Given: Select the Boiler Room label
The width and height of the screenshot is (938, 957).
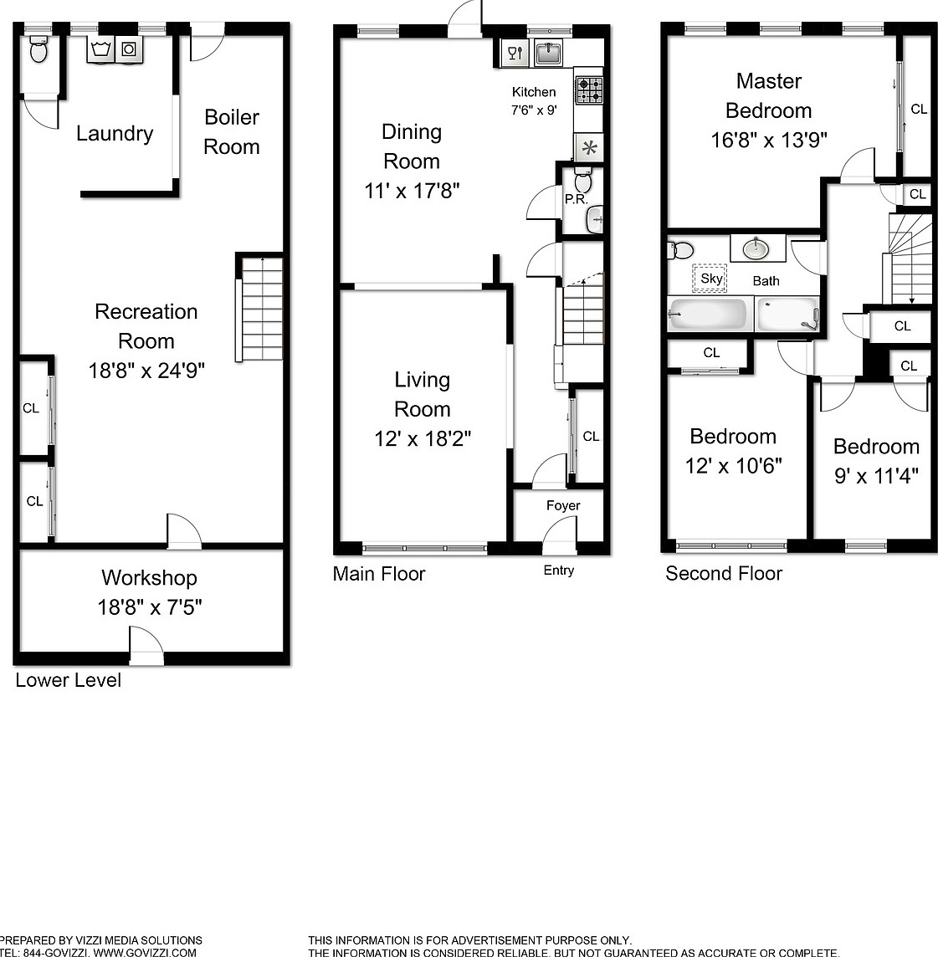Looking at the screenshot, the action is [x=232, y=132].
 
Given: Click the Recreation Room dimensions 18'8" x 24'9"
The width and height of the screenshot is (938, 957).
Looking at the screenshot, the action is [x=146, y=370].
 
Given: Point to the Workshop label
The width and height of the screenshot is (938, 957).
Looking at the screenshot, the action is [x=150, y=577].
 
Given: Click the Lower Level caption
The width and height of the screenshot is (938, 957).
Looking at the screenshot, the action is [x=69, y=680].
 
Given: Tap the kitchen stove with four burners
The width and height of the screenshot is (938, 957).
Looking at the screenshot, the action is [x=589, y=90].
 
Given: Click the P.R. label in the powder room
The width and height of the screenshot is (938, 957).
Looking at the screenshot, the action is [x=576, y=199].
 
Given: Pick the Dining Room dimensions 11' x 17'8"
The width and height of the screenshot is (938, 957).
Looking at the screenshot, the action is [x=412, y=191].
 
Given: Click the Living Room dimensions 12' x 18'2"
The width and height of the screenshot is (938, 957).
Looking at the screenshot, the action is [x=423, y=438].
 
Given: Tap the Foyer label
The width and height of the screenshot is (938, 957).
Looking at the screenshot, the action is [x=563, y=505].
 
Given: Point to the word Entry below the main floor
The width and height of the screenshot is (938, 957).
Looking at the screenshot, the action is [x=559, y=570].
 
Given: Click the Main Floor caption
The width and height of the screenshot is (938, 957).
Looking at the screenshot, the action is [x=378, y=574].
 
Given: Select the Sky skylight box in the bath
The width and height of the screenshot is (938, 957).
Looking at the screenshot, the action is [x=710, y=279].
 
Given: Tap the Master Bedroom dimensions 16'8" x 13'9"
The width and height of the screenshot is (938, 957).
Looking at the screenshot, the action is [x=769, y=140].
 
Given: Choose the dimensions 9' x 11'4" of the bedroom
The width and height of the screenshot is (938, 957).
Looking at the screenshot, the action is [x=876, y=475].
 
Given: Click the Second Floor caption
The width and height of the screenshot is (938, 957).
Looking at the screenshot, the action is [x=724, y=574].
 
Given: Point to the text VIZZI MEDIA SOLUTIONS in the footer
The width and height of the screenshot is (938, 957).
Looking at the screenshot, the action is [x=139, y=940].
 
